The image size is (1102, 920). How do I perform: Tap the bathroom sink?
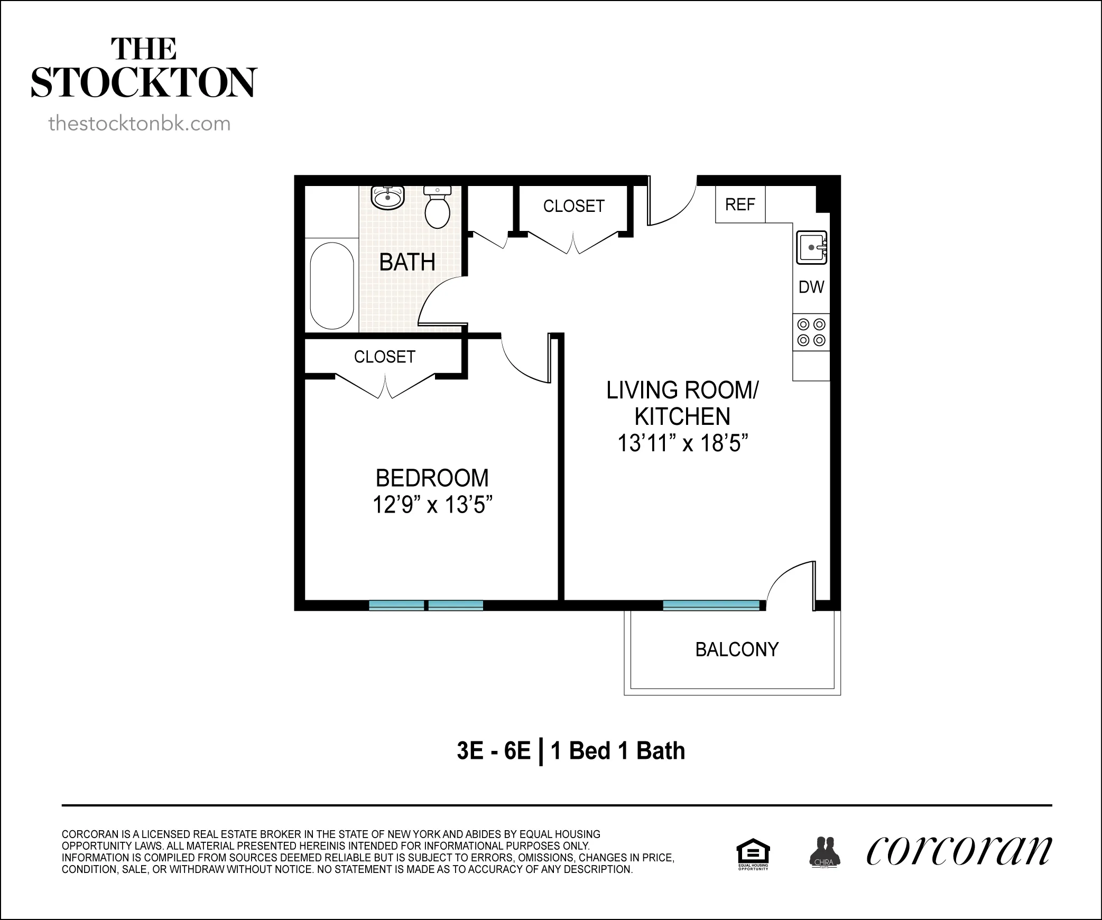388,198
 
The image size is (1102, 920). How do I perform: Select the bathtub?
332,285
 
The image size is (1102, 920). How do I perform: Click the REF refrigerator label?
740,205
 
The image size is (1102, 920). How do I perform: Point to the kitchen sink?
811,247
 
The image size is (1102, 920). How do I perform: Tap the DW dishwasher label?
811,287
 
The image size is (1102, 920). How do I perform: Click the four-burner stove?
811,332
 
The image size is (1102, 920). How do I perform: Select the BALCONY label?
737,649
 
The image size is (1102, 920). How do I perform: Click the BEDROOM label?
432,478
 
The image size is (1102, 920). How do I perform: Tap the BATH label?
407,262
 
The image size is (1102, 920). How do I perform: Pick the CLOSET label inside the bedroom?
384,357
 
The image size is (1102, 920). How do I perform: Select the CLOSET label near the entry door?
573,206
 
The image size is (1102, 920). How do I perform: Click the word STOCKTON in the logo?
144,82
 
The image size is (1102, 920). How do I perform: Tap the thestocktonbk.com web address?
140,124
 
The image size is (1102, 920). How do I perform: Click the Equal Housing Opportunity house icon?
753,852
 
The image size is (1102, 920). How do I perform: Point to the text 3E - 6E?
493,751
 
